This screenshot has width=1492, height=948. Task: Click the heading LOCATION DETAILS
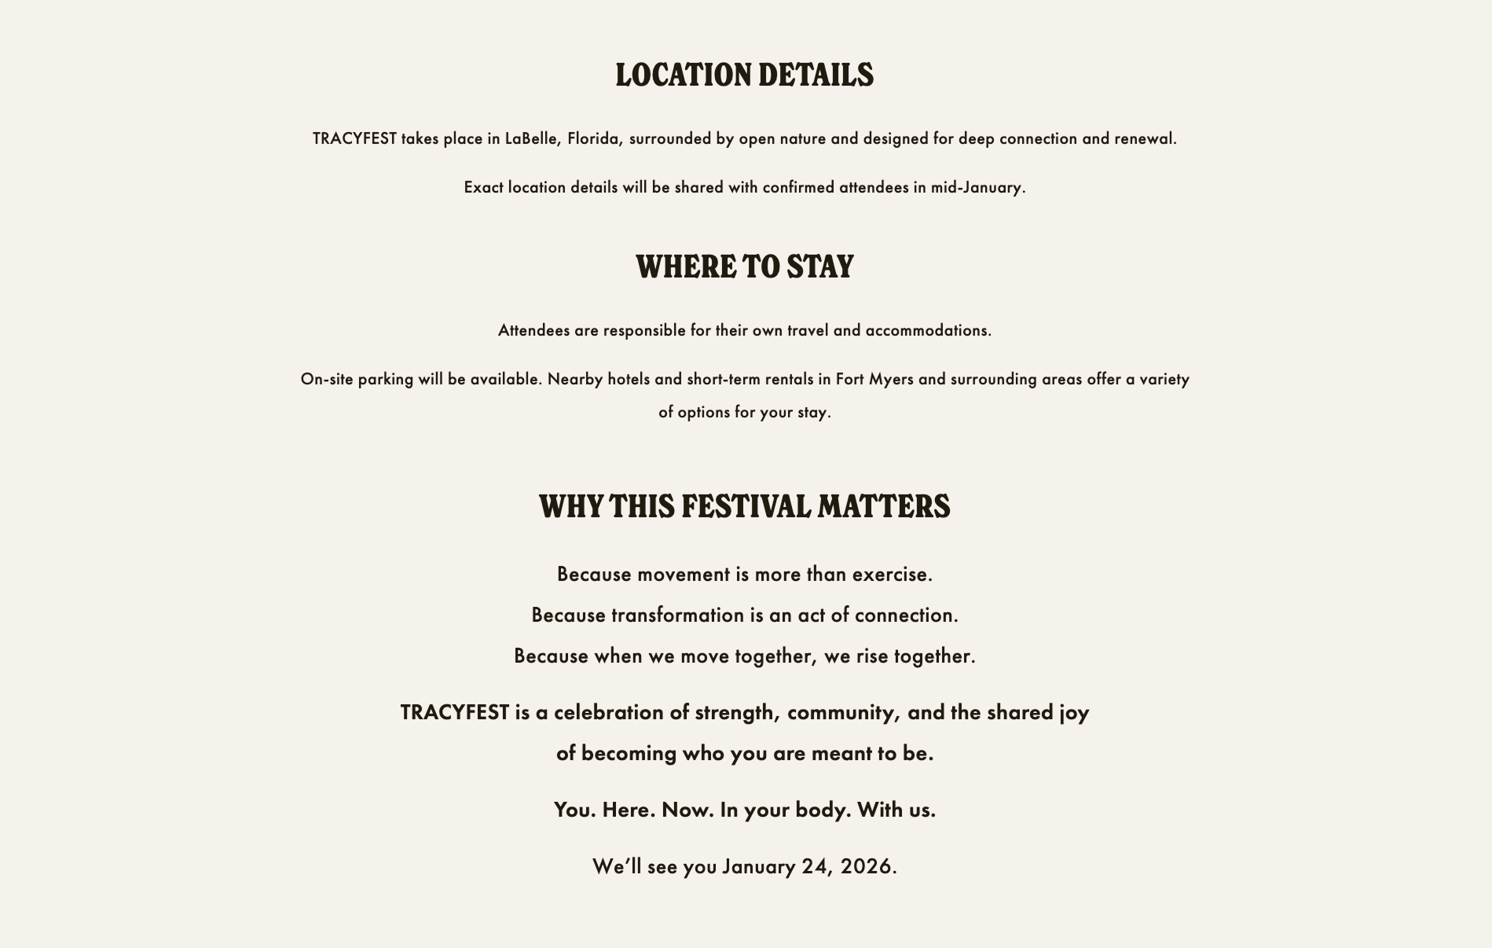744,75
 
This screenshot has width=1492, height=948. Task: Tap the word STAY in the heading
819,267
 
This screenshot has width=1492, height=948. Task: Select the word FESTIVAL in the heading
746,507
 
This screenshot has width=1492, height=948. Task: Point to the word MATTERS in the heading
884,507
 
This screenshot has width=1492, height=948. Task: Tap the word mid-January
977,188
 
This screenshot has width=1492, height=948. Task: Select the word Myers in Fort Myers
891,380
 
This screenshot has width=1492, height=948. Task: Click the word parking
385,380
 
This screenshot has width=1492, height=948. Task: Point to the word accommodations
927,331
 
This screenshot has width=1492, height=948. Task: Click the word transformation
677,615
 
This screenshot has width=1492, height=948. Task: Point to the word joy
1074,713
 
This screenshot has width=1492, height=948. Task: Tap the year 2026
867,867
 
